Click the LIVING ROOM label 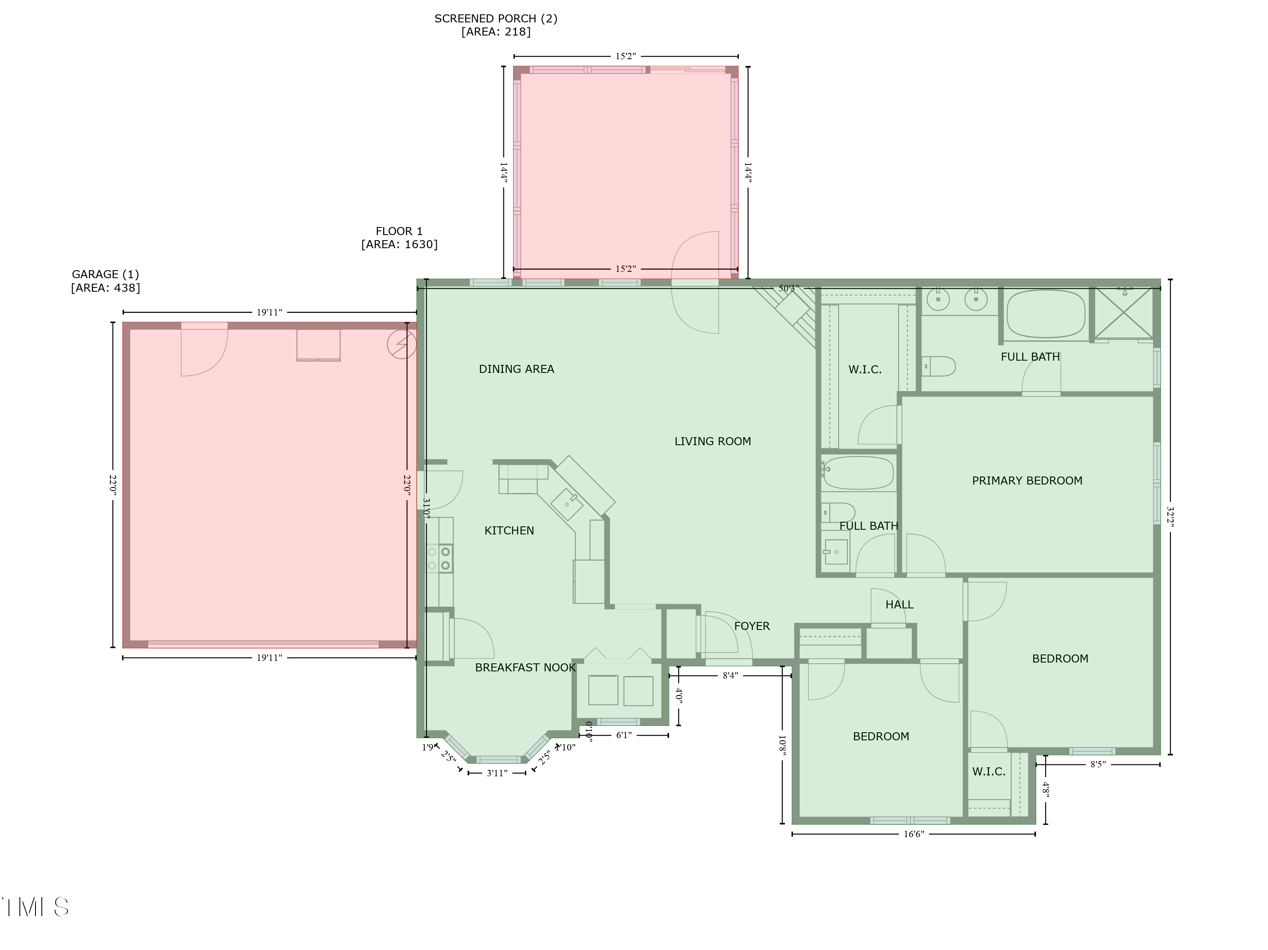point(713,441)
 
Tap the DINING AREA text point(516,369)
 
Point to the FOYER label point(752,627)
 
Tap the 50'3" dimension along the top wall point(788,288)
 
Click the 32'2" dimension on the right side point(1170,517)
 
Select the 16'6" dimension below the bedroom point(914,834)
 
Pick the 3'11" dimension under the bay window point(497,773)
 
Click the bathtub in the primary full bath point(1046,314)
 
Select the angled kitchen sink point(566,504)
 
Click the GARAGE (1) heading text point(106,275)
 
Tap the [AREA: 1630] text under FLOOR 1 point(399,245)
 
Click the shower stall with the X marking point(1123,314)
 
